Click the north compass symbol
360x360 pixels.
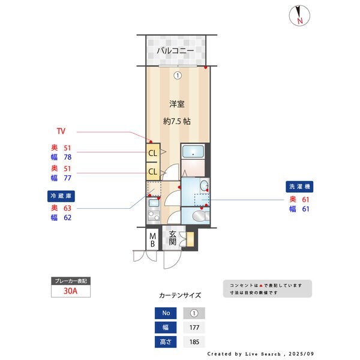[299, 16]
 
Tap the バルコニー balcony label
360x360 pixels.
[175, 51]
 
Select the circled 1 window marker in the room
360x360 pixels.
[178, 76]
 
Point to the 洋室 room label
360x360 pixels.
[176, 104]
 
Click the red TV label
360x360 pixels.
[61, 131]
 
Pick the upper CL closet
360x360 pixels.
[153, 153]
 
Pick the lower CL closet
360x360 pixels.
[153, 172]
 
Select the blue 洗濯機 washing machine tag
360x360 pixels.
[299, 187]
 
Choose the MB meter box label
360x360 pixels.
[152, 239]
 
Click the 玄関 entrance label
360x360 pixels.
[173, 238]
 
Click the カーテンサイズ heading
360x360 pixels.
[180, 295]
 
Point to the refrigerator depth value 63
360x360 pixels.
[67, 208]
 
